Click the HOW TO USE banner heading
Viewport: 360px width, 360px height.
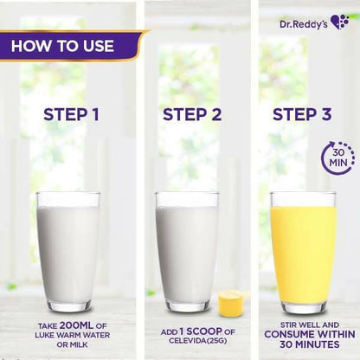click(62, 46)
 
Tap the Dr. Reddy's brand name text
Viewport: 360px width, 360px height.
click(304, 24)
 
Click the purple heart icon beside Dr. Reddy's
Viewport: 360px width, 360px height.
click(340, 22)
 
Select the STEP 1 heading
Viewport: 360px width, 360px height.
click(71, 114)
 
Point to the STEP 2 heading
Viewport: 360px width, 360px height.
click(192, 114)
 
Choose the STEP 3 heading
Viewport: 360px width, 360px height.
click(302, 114)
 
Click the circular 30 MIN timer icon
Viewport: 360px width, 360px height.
click(338, 157)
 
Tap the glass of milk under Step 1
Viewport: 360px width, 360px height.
click(68, 251)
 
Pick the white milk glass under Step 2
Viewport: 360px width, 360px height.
click(187, 251)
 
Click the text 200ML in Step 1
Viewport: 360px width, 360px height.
click(76, 325)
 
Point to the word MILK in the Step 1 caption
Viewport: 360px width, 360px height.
click(78, 344)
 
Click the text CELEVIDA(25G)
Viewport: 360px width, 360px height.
click(198, 341)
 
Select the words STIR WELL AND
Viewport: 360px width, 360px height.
click(310, 325)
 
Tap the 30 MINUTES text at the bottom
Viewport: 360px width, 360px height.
click(309, 344)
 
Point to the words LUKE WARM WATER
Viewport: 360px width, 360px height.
click(73, 335)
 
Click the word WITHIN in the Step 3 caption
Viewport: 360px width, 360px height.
click(337, 334)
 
